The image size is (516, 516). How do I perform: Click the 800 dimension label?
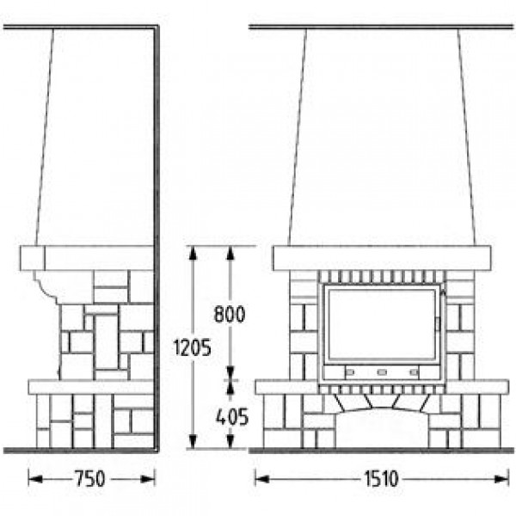point(230,314)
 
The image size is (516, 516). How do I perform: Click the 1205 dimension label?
point(192,347)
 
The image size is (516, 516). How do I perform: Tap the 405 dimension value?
point(232,417)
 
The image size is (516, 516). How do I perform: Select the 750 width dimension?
point(90,479)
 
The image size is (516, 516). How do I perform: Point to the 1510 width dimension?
point(382,479)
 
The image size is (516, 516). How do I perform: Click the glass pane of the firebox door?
point(382,324)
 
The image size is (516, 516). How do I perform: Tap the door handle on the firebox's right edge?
point(438,324)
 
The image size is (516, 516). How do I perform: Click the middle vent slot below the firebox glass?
point(382,372)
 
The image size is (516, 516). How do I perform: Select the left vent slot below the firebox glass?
point(350,372)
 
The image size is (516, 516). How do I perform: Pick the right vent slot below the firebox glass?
point(414,372)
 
